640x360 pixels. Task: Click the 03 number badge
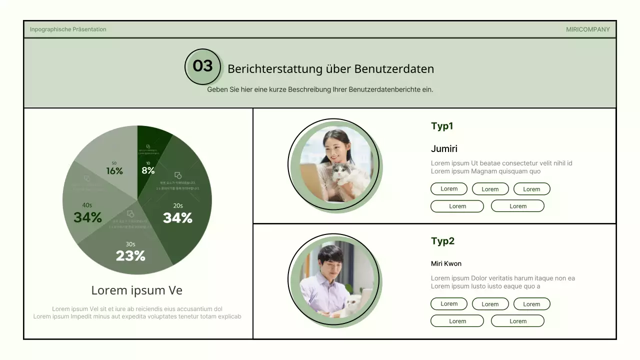coord(202,66)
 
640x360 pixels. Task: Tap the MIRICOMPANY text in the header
coord(587,29)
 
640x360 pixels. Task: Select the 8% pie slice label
coord(148,170)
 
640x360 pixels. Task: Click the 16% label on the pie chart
coord(114,171)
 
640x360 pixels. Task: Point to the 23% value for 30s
coord(130,256)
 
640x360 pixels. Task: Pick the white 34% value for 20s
coord(177,218)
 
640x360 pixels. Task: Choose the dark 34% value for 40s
coord(87,217)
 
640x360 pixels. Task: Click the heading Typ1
coord(442,126)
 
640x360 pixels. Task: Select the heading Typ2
coord(442,241)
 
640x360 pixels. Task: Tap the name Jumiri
coord(444,148)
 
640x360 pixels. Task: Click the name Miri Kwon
coord(446,263)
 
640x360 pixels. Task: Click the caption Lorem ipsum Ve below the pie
coord(136,290)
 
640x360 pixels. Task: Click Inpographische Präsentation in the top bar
coord(68,29)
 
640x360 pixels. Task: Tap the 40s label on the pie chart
coord(87,205)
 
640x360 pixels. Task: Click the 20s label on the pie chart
coord(178,205)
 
